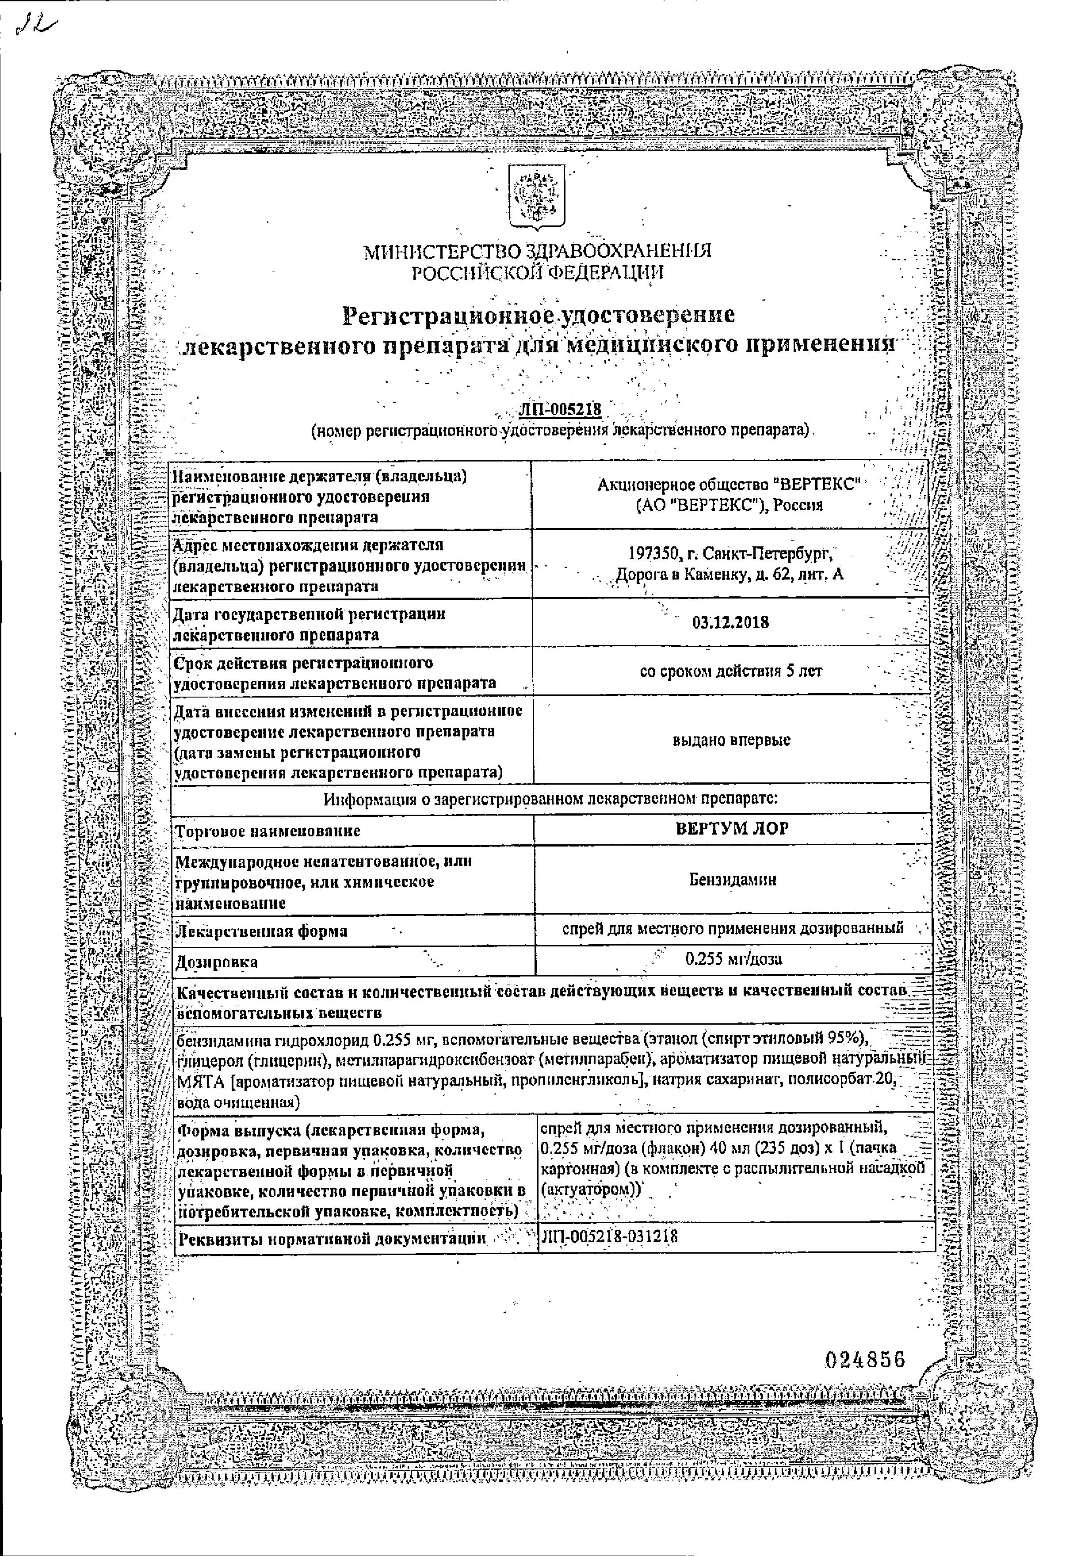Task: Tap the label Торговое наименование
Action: coord(267,831)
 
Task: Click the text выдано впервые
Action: coord(731,740)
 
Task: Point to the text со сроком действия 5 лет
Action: coord(731,671)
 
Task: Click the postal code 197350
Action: coord(652,554)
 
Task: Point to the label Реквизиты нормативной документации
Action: coord(331,1239)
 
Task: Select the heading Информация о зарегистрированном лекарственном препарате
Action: coord(550,799)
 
